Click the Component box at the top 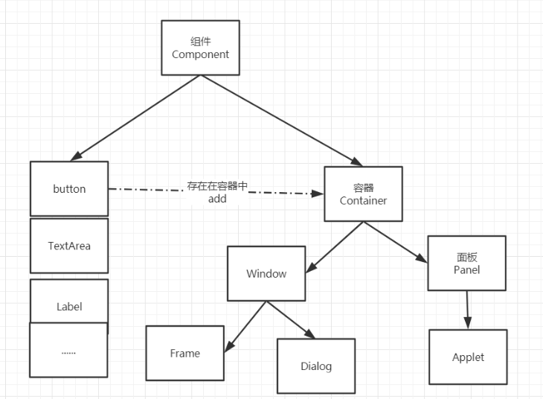coord(200,48)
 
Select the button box coord(69,189)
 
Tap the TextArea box coord(69,246)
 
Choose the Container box coord(363,194)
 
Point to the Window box coord(266,273)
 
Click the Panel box coord(466,264)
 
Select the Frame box coord(184,353)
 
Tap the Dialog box coord(316,366)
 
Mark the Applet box coord(468,357)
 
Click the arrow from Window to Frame coord(245,325)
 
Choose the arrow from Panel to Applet coord(467,309)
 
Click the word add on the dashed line coord(217,199)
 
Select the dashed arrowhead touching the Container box coord(318,194)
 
